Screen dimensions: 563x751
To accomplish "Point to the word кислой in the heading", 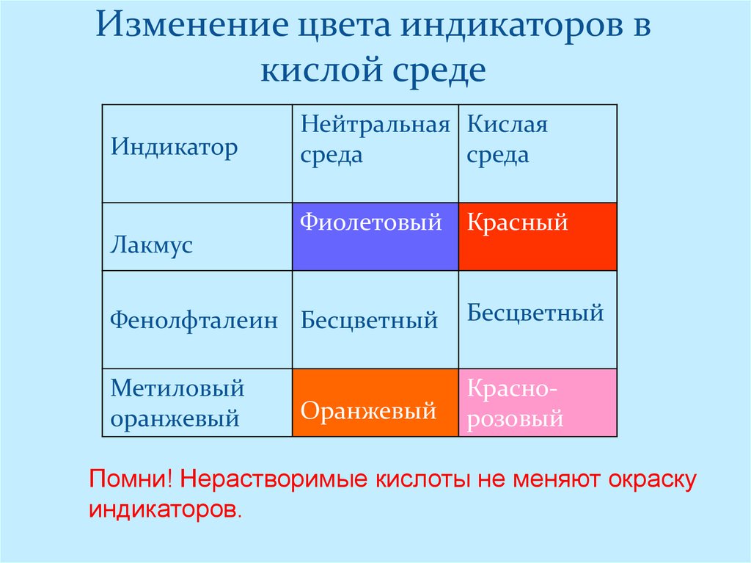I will click(x=315, y=71).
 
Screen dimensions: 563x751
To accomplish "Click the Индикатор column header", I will click(x=175, y=148).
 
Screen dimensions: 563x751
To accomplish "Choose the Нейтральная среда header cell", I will click(x=375, y=139).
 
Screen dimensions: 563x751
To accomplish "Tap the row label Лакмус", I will click(x=152, y=244).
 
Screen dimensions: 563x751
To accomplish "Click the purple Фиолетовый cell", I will click(x=375, y=236).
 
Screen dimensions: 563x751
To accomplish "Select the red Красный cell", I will click(x=538, y=236).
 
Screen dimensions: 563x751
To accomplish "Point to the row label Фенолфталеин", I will click(x=194, y=320).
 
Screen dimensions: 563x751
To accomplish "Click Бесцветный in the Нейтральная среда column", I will click(x=369, y=320).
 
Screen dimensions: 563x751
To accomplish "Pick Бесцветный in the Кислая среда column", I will click(x=535, y=313).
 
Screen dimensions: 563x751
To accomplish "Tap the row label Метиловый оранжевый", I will click(x=177, y=403).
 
